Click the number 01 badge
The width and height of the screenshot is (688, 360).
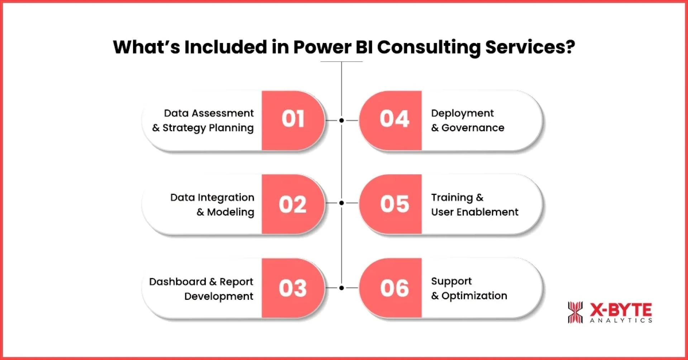click(293, 119)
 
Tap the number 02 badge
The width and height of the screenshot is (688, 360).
click(293, 204)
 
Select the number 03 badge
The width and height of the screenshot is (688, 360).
click(293, 288)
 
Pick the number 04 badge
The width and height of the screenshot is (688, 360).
click(394, 119)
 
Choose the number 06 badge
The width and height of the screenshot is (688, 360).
click(394, 288)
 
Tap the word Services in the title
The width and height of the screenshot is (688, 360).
click(530, 47)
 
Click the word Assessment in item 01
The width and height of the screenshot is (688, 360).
click(223, 113)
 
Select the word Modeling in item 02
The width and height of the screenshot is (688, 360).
click(230, 212)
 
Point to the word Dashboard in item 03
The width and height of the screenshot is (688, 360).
click(177, 282)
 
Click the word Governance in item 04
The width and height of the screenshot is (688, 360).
click(473, 128)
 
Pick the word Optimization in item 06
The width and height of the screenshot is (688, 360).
click(474, 296)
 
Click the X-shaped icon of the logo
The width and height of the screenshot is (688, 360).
click(575, 312)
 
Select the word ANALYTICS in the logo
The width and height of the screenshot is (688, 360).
click(621, 320)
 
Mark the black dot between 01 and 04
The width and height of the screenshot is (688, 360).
click(341, 120)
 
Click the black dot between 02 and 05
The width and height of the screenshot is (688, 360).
click(341, 203)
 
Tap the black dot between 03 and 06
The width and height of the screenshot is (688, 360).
click(341, 288)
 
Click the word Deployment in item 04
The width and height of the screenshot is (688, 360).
click(462, 113)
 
